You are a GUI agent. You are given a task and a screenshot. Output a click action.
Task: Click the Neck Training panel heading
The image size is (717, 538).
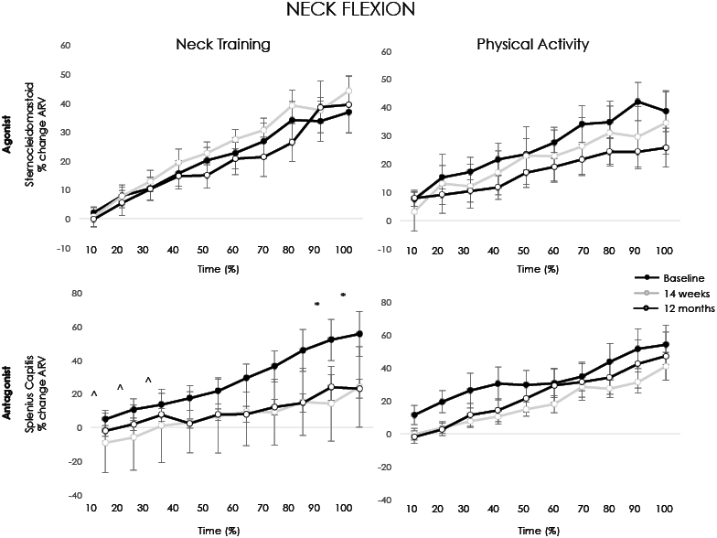224,44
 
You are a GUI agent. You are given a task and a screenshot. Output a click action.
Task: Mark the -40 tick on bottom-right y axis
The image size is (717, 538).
388,500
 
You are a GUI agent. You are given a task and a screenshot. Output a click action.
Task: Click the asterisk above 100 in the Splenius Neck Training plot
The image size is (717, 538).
343,295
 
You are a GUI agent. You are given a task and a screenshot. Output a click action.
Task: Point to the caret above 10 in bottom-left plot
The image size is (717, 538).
93,393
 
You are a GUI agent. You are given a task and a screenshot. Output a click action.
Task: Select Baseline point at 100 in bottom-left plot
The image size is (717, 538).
358,334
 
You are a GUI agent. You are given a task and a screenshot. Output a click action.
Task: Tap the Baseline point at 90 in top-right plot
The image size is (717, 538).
637,102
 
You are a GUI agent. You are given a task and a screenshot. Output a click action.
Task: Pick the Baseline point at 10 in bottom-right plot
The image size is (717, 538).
415,414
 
